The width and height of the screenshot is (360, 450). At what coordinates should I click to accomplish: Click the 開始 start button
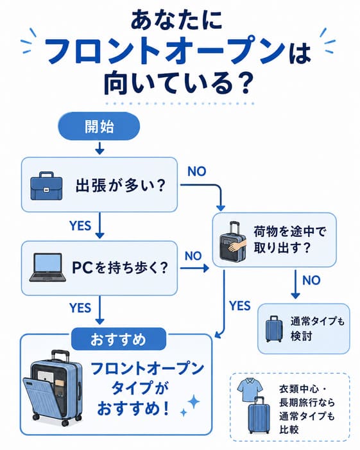[x=99, y=126]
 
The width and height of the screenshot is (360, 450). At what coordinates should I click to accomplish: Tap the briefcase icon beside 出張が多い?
[x=46, y=186]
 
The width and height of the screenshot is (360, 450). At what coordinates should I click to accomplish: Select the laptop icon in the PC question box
[x=47, y=267]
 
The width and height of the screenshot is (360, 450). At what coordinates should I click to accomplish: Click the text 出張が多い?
[x=121, y=186]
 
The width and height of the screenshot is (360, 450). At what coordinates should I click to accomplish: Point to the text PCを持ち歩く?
[x=119, y=268]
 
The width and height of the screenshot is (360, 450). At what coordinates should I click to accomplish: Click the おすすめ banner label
[x=119, y=339]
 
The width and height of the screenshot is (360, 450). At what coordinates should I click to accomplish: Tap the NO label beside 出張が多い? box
[x=197, y=171]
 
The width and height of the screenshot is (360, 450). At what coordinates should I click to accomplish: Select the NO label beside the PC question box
[x=193, y=255]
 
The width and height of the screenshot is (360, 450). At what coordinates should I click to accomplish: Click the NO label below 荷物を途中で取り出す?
[x=311, y=280]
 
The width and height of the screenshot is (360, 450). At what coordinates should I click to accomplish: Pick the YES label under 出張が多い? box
[x=80, y=225]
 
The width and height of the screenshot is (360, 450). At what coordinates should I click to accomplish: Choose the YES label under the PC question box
[x=80, y=308]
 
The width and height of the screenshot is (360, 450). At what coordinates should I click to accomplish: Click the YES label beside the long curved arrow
[x=240, y=306]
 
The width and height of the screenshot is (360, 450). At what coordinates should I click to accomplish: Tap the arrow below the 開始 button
[x=99, y=148]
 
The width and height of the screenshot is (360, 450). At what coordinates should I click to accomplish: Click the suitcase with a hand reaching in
[x=233, y=241]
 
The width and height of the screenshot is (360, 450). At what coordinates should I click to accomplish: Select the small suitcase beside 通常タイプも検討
[x=274, y=329]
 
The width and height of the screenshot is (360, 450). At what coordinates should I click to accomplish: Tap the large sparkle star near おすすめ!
[x=194, y=402]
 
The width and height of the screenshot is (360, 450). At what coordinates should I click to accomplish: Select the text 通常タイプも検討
[x=317, y=328]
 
